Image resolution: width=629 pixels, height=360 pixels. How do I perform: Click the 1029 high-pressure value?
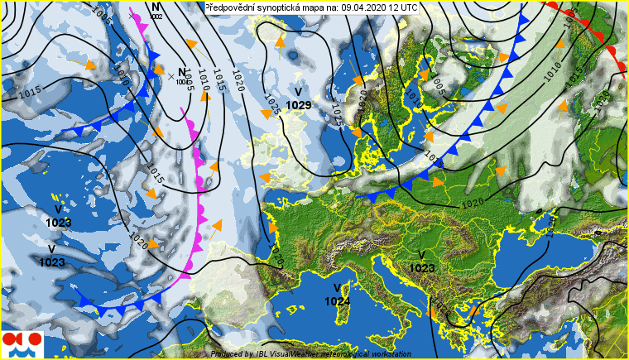[x=298, y=105]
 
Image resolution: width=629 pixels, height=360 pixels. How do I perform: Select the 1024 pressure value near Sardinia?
[x=338, y=301]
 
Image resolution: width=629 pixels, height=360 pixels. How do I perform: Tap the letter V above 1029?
[x=298, y=92]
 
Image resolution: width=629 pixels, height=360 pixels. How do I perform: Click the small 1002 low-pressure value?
[x=157, y=17]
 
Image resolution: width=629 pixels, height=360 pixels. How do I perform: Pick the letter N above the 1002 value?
[x=156, y=7]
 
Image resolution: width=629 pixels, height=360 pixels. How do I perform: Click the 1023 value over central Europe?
[x=422, y=268]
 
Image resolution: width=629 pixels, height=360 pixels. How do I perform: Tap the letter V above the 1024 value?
[x=337, y=288]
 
